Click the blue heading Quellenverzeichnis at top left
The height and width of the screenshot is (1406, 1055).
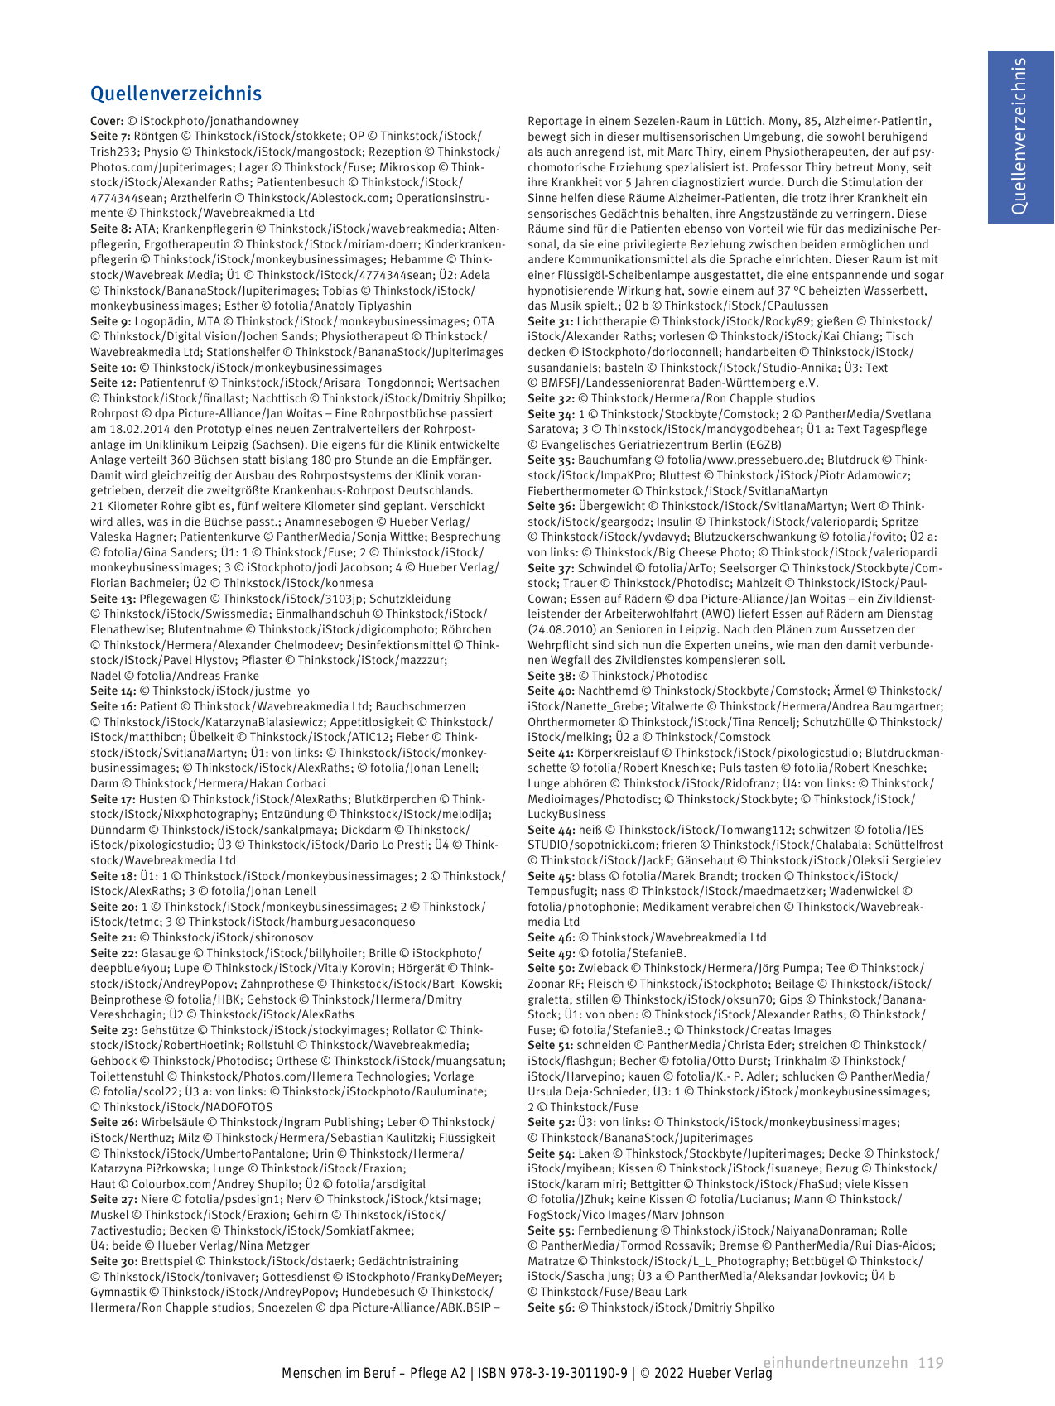pos(176,94)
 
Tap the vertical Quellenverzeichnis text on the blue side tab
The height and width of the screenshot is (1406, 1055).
pos(1019,137)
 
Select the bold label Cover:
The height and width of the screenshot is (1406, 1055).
pos(107,121)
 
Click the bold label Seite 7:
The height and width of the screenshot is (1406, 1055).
pos(110,136)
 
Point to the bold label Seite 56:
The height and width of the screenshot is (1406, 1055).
pos(551,1307)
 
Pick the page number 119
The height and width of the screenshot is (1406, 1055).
pos(931,1362)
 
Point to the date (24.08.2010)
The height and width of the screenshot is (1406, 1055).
pos(559,629)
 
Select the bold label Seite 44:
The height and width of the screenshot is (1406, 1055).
pos(551,830)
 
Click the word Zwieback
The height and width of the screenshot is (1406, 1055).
pos(604,968)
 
